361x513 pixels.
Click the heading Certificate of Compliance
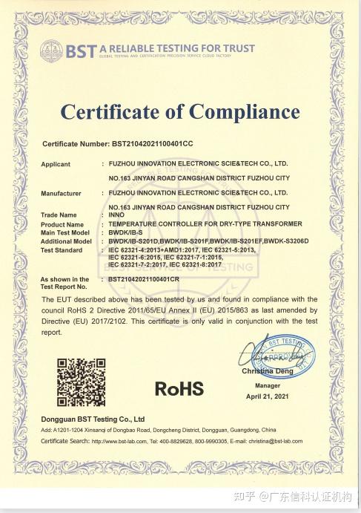coord(180,112)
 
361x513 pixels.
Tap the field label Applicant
coord(56,163)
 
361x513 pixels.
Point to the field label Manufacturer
coord(61,193)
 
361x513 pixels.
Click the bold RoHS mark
coord(179,388)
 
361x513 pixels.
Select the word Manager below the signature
coord(268,386)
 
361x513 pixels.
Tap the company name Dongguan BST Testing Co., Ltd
coord(93,419)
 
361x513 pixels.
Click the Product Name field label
coord(62,224)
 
